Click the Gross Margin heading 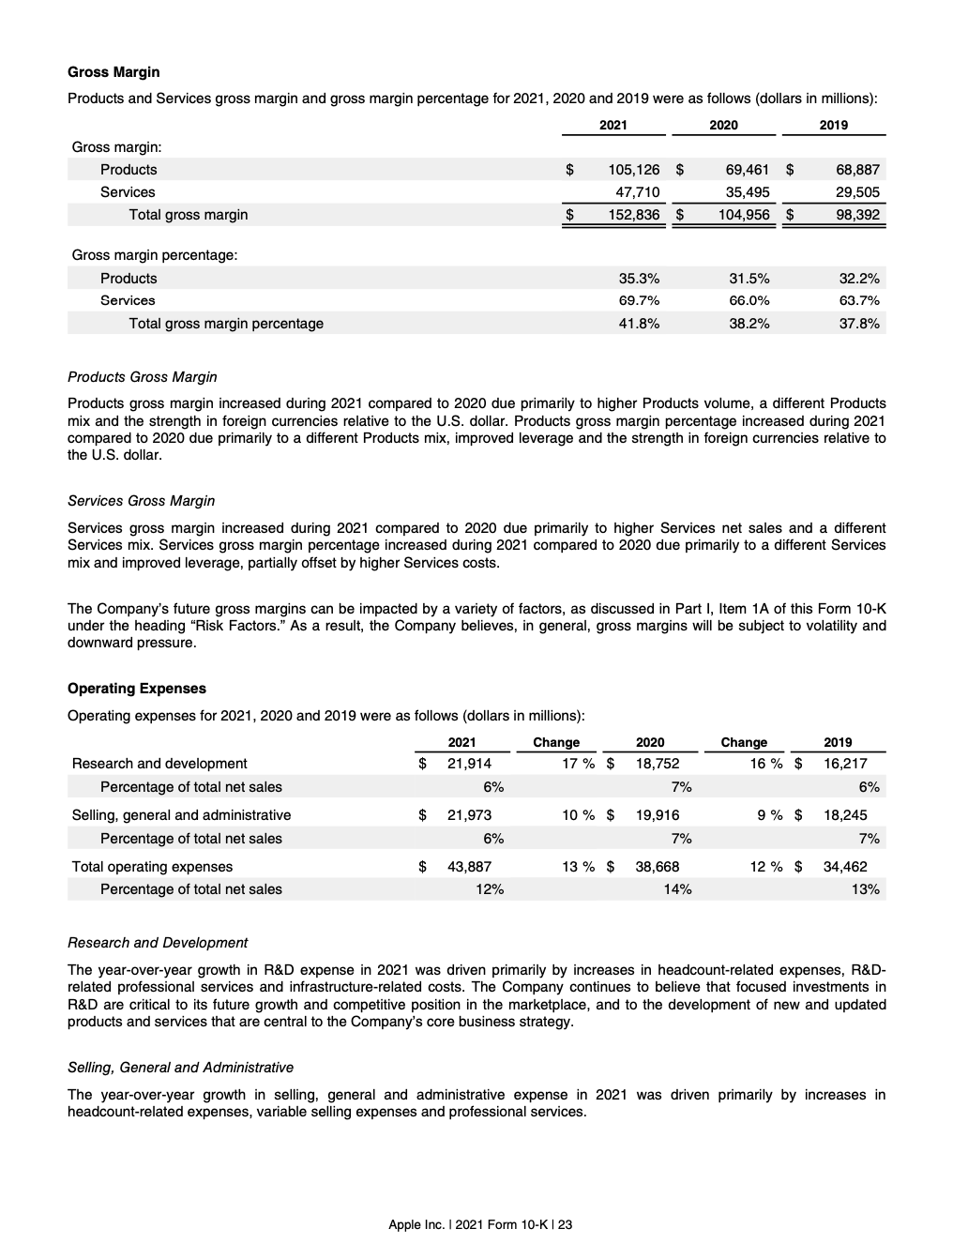click(113, 72)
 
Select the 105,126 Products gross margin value click(634, 170)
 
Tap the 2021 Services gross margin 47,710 click(637, 192)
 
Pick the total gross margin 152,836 click(634, 215)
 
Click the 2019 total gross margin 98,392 click(857, 215)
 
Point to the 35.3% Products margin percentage click(639, 279)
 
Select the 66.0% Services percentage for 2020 click(749, 300)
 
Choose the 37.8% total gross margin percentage click(859, 324)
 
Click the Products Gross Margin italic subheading click(142, 377)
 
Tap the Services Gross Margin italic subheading click(141, 501)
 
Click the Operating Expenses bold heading click(136, 689)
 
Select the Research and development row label click(159, 764)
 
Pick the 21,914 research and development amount click(469, 764)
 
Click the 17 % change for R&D click(578, 764)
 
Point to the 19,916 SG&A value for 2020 click(657, 815)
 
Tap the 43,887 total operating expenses click(469, 867)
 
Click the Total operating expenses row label click(152, 867)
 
